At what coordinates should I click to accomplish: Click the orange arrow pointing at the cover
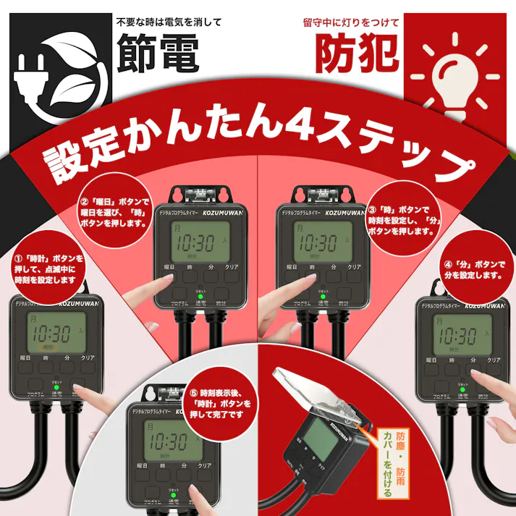(x=377, y=439)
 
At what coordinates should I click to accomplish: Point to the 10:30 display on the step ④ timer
(x=460, y=334)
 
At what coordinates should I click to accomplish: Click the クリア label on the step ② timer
(x=232, y=267)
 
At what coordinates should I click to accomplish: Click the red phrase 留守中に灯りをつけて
(x=351, y=22)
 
